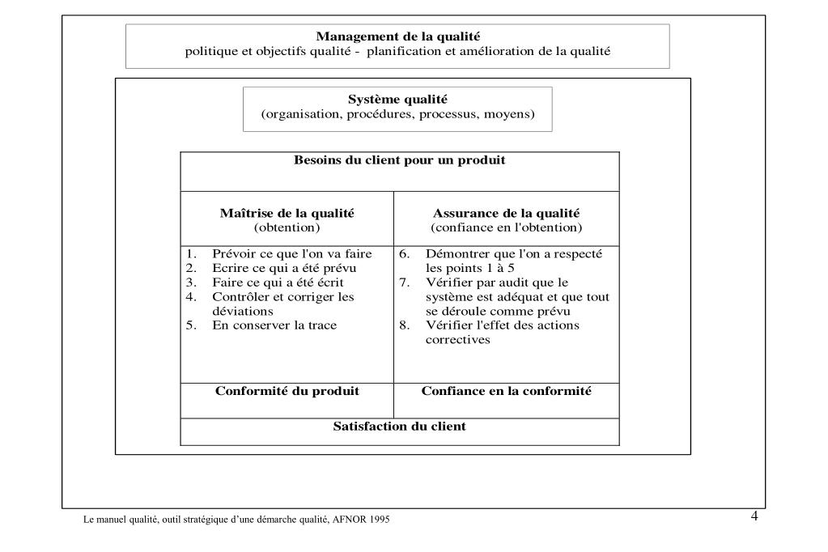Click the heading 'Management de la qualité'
point(397,36)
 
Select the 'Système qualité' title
point(397,100)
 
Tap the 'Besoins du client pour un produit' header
point(399,160)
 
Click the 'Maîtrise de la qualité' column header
point(287,214)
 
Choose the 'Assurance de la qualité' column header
point(506,214)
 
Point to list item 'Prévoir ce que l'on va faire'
point(291,254)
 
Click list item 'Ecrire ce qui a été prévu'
point(284,268)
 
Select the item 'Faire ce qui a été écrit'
point(278,282)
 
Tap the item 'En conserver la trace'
point(274,325)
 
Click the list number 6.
point(404,254)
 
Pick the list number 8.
point(404,325)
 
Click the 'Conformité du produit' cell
point(287,391)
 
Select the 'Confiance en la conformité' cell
point(507,391)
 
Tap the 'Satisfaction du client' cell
point(399,427)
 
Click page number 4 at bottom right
point(754,516)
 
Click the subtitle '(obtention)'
point(287,227)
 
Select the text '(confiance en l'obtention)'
point(506,227)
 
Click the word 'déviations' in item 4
point(243,311)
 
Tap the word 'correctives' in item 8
point(458,340)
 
